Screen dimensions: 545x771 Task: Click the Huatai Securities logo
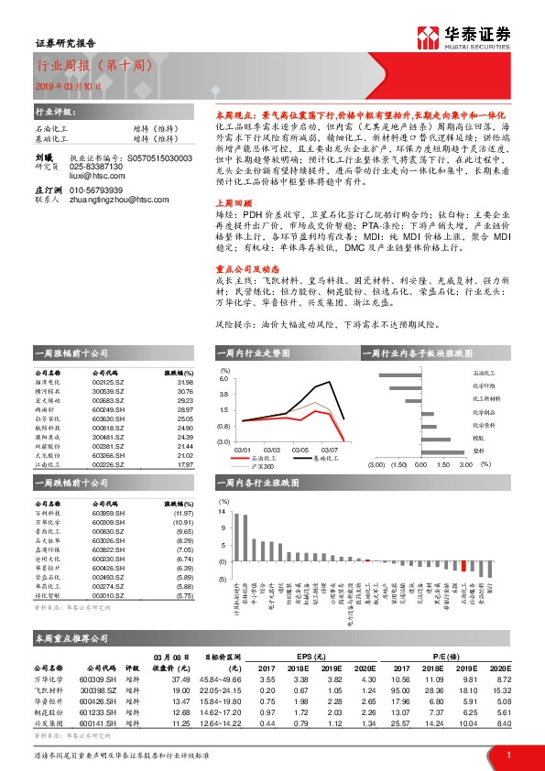pyautogui.click(x=463, y=38)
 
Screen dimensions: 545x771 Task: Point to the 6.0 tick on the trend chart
pyautogui.click(x=223, y=377)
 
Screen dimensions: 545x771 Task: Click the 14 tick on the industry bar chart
pyautogui.click(x=223, y=514)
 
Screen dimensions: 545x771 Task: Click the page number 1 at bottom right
pyautogui.click(x=508, y=755)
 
